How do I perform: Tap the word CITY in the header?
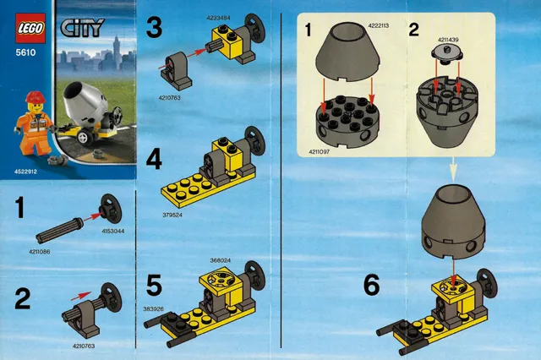tap(82, 28)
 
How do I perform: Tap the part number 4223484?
tap(218, 18)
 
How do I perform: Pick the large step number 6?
tap(372, 286)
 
